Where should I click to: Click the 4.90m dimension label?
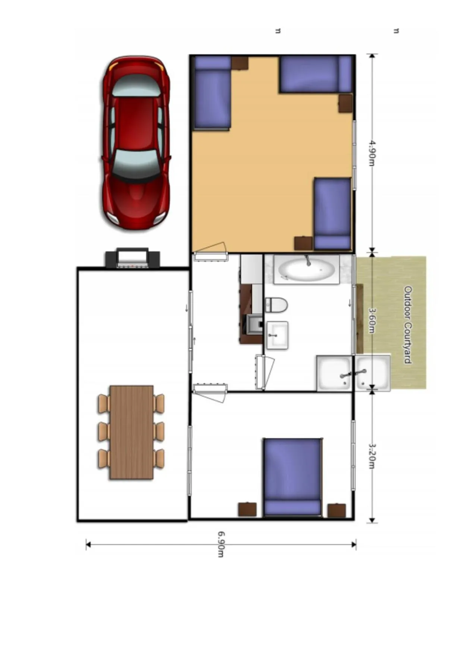point(372,153)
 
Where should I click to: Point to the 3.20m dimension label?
point(372,456)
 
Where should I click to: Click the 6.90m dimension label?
point(221,544)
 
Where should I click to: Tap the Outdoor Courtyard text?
point(408,324)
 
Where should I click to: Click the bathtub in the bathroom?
point(307,269)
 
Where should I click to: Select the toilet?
point(276,305)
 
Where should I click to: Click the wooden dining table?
point(131,432)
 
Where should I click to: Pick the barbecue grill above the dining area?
point(132,258)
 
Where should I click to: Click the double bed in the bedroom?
point(293,477)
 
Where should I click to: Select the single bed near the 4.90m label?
point(332,213)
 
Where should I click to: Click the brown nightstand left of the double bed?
point(247,509)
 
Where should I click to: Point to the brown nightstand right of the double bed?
point(336,510)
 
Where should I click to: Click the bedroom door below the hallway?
point(210,392)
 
